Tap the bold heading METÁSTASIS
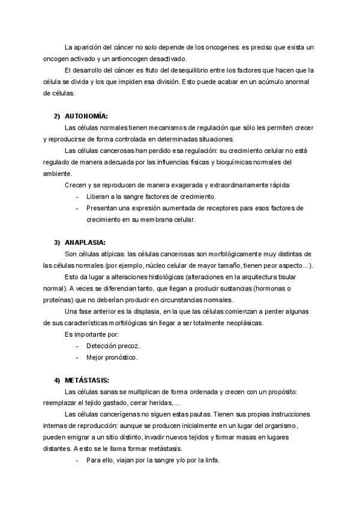87,380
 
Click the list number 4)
58,380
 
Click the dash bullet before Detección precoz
78,346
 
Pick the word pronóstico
121,358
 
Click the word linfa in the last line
212,460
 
